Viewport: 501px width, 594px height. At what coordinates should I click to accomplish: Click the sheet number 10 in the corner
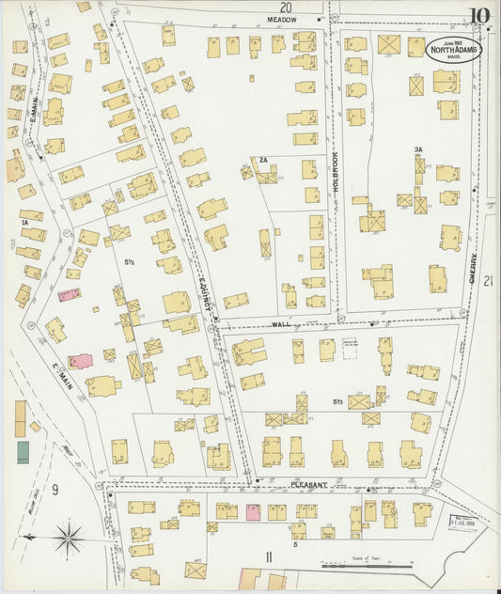[479, 16]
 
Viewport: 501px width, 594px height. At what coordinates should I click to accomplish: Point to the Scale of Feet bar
[368, 566]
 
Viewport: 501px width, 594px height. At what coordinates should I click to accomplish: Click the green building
[22, 452]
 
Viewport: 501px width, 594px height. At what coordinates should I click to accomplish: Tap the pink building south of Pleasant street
[253, 511]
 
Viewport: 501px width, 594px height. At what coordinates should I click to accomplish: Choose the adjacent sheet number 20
[286, 7]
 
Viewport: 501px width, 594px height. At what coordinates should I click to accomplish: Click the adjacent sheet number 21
[487, 281]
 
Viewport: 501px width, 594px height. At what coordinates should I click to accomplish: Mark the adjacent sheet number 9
[55, 488]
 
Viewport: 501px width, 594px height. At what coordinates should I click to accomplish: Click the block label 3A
[418, 149]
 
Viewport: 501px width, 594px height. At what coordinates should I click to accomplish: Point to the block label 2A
[264, 161]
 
